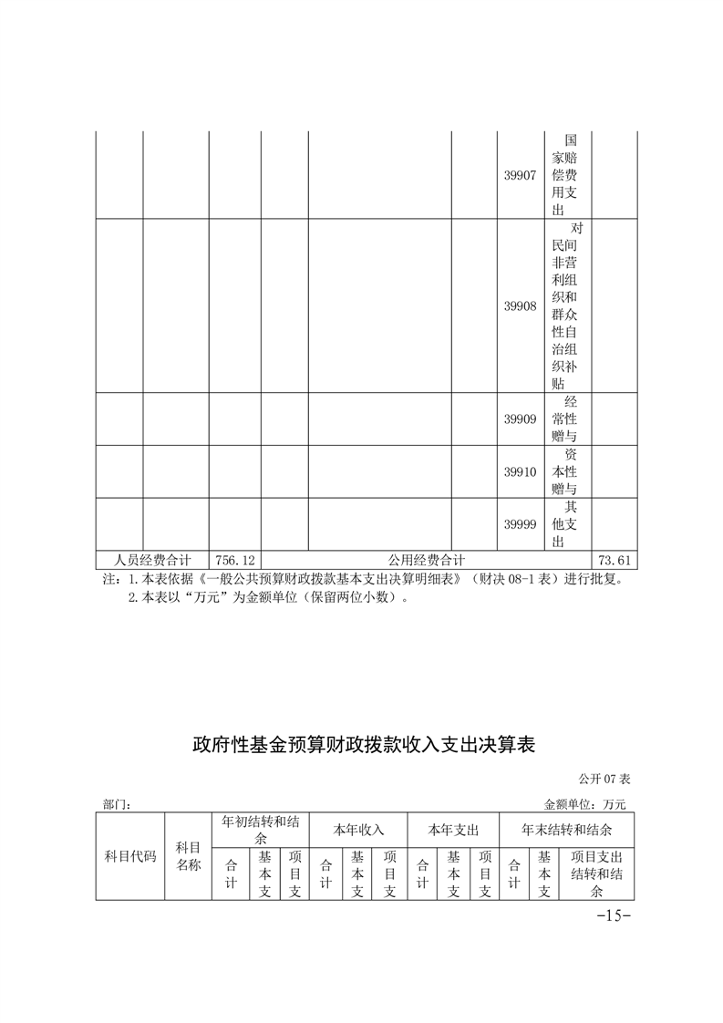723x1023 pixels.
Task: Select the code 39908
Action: tap(520, 306)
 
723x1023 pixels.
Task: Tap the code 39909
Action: tap(520, 419)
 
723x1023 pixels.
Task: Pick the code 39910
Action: tap(520, 471)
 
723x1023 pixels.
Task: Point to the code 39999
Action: tap(520, 524)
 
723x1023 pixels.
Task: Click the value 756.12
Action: tap(234, 560)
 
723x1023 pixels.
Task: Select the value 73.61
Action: tap(614, 560)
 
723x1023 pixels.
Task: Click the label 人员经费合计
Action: tap(152, 560)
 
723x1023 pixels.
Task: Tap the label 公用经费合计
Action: tap(427, 560)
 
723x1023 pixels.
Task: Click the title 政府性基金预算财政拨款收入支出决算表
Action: tap(362, 745)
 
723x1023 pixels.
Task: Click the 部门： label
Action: tap(118, 805)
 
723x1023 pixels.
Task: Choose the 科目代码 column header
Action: tap(130, 857)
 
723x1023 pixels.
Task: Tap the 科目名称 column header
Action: tap(188, 856)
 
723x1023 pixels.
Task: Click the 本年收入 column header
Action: tap(358, 831)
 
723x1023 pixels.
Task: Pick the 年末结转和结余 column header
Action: tap(566, 831)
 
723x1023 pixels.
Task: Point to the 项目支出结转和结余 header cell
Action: tap(596, 873)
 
